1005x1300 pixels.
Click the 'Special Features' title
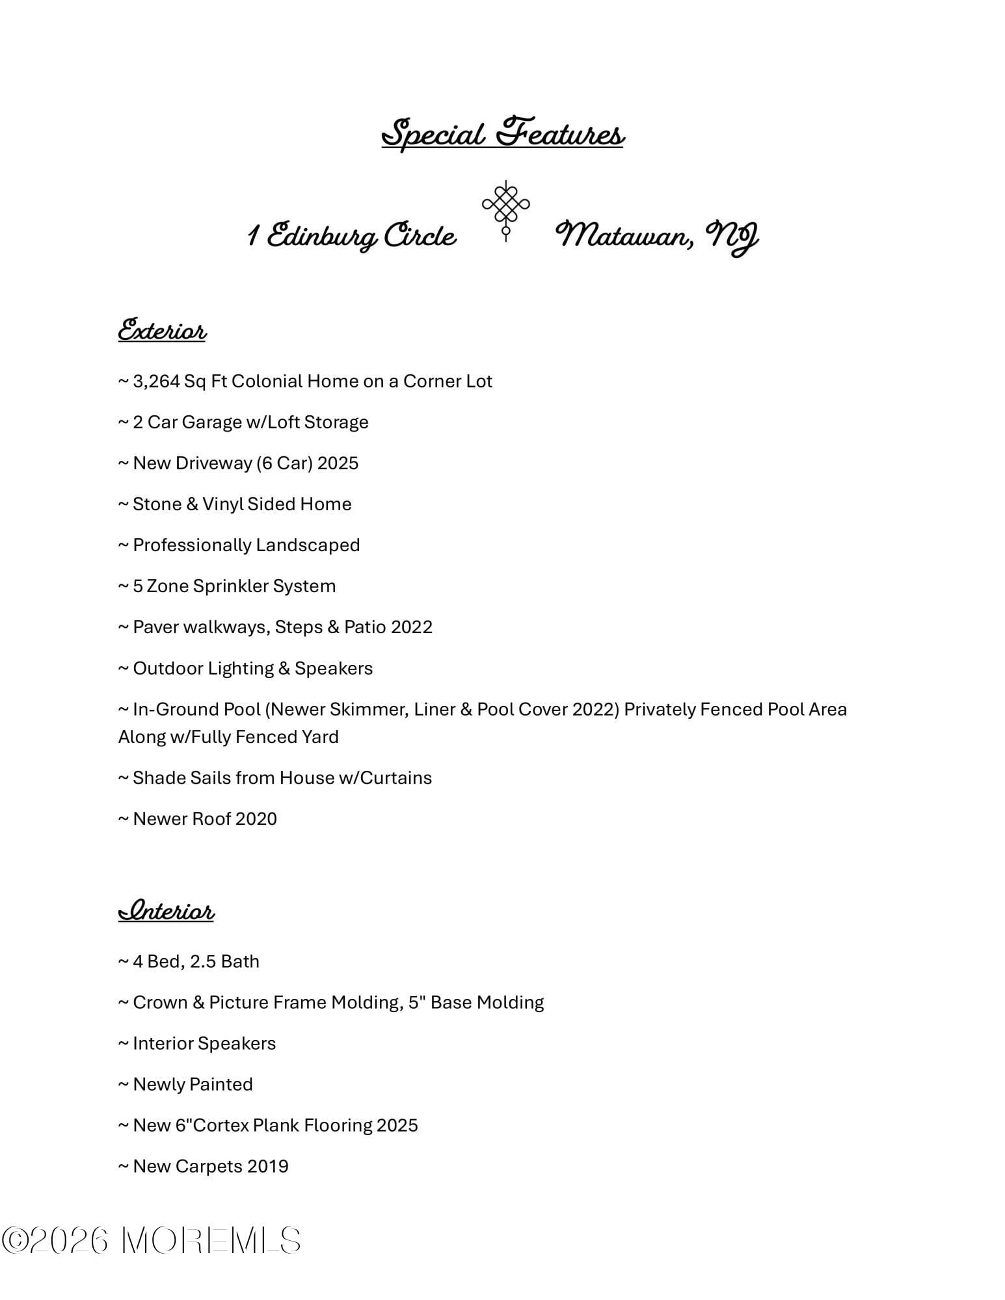click(502, 133)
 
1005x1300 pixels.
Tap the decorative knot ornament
click(505, 209)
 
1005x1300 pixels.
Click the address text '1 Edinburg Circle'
click(352, 235)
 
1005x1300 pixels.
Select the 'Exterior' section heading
click(162, 330)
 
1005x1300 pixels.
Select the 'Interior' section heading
click(166, 910)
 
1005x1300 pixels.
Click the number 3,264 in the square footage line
click(156, 381)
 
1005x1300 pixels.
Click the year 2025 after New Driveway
click(338, 463)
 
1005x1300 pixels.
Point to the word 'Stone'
click(157, 504)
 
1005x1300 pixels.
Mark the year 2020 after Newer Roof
click(256, 819)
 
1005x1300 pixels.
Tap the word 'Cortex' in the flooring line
click(221, 1125)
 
